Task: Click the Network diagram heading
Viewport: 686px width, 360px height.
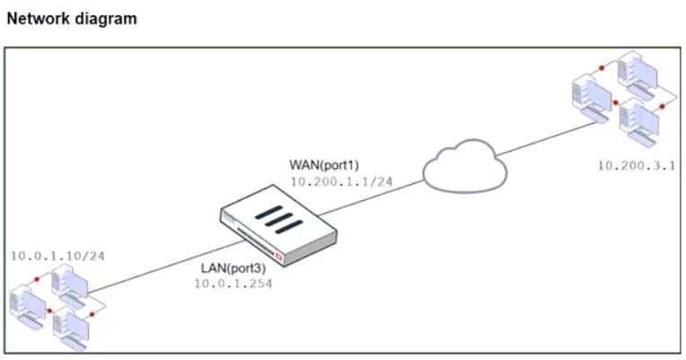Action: coord(72,19)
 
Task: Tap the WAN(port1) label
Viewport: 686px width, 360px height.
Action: coord(324,165)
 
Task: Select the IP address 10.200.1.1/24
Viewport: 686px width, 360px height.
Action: coord(341,181)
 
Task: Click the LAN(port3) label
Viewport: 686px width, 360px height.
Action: coord(233,268)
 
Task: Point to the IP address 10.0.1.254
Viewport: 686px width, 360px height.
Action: coord(233,284)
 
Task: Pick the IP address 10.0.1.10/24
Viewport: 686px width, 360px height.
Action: coord(57,256)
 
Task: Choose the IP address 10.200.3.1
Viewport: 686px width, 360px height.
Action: coord(637,166)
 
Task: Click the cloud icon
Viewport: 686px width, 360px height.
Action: coord(465,166)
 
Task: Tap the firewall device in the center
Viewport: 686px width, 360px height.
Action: coord(278,225)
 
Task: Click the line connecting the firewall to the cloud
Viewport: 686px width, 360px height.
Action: coord(371,198)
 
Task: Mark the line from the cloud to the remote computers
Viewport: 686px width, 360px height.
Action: coord(547,138)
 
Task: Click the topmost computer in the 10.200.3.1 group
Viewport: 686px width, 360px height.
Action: coord(638,75)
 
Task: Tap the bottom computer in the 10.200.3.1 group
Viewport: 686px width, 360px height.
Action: coord(639,122)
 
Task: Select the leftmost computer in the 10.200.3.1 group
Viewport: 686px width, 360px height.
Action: coord(592,99)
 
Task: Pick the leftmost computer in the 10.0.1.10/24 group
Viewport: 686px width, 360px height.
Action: coord(28,308)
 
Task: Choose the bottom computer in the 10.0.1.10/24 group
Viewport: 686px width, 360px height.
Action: coord(71,329)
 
